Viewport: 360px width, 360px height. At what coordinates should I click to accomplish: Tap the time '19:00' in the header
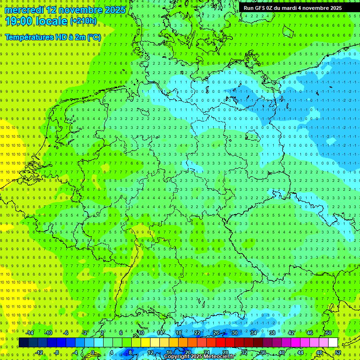[19, 21]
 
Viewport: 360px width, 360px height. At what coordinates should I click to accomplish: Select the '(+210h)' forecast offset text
[83, 21]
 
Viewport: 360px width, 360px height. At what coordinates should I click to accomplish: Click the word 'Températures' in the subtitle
[29, 37]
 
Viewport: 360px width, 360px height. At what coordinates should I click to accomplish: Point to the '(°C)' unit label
[92, 37]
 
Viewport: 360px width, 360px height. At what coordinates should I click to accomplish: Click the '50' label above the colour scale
[329, 333]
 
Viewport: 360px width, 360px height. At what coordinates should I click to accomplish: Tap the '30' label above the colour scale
[235, 333]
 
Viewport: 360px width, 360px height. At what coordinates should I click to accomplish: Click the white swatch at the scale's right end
[333, 343]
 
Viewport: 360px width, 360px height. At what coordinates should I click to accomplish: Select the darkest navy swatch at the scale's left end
[23, 343]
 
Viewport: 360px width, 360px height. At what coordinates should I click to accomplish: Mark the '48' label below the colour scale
[319, 352]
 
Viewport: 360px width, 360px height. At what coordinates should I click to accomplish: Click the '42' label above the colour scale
[291, 333]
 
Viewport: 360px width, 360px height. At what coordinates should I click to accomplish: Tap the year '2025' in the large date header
[115, 10]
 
